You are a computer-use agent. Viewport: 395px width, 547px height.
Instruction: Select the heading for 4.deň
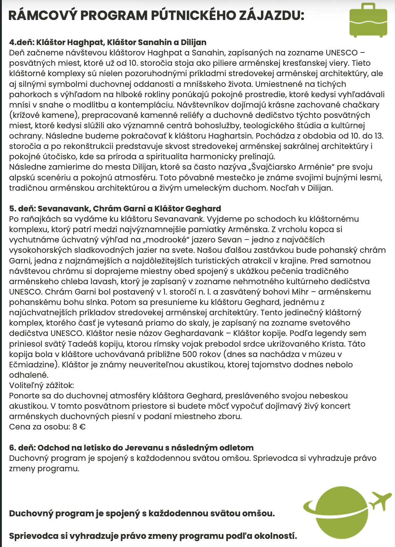pyautogui.click(x=108, y=42)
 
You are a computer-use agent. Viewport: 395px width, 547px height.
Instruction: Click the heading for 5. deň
pyautogui.click(x=115, y=208)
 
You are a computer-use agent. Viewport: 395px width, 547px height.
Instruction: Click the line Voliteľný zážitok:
pyautogui.click(x=41, y=385)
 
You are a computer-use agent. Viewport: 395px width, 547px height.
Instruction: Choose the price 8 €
pyautogui.click(x=79, y=427)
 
